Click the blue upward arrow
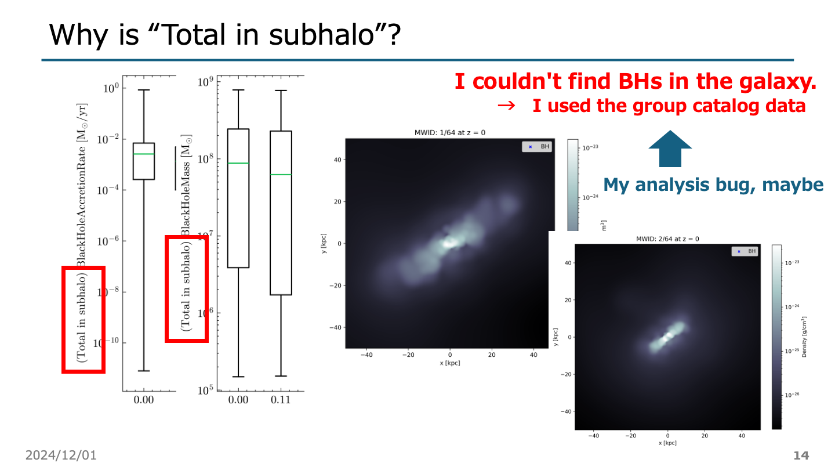click(x=670, y=149)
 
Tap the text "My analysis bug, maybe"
click(x=713, y=185)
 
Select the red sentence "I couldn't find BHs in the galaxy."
click(x=636, y=82)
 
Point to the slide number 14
click(x=801, y=455)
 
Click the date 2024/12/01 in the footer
click(x=61, y=455)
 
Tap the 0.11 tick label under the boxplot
click(x=281, y=400)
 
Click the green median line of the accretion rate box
click(x=144, y=154)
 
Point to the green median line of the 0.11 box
click(x=281, y=174)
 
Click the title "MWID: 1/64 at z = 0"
click(x=447, y=133)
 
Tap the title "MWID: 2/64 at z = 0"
click(x=667, y=239)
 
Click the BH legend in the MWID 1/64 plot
click(x=538, y=147)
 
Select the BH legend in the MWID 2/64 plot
click(x=745, y=251)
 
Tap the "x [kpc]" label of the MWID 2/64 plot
click(x=667, y=443)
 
